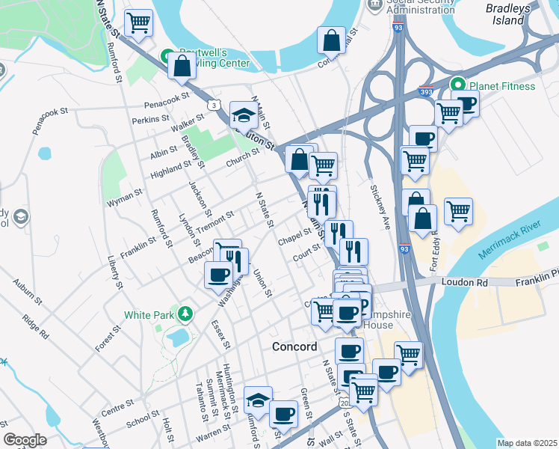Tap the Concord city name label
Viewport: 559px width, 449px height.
(x=294, y=347)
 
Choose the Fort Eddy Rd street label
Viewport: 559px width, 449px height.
(x=433, y=246)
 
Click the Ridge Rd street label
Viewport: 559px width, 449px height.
(x=35, y=328)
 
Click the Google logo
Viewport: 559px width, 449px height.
(x=25, y=440)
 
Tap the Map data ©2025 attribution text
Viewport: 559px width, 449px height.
(x=527, y=443)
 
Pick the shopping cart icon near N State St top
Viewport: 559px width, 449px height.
(x=138, y=23)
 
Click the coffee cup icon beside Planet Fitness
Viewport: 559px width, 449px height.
(x=466, y=104)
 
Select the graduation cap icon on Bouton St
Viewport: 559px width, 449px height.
(x=244, y=114)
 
